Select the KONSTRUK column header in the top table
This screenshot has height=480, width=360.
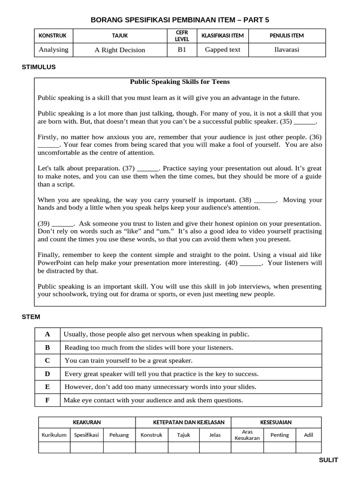[x=52, y=36]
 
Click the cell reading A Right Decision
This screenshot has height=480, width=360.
[x=120, y=50]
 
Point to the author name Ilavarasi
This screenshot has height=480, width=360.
[x=286, y=50]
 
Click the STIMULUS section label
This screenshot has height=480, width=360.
[x=38, y=67]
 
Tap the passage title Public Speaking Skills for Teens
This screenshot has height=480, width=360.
[x=180, y=82]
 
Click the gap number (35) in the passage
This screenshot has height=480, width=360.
[x=286, y=121]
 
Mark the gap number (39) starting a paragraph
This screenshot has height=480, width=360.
[x=43, y=224]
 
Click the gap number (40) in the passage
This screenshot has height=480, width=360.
[x=232, y=263]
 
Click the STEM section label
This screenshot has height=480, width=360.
[x=31, y=317]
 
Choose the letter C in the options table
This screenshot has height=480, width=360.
[x=47, y=360]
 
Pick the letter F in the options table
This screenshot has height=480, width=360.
[x=47, y=400]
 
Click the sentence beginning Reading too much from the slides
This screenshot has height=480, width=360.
[x=149, y=347]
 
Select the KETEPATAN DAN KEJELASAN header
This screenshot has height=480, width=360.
[x=182, y=422]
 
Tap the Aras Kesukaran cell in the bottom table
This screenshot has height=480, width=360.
[x=247, y=435]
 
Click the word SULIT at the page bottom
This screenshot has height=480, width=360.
[x=328, y=460]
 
